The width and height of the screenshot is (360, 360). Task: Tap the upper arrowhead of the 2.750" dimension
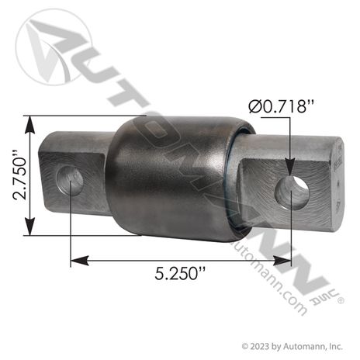pos(29,121)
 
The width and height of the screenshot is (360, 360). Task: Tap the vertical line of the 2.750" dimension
pos(29,176)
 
